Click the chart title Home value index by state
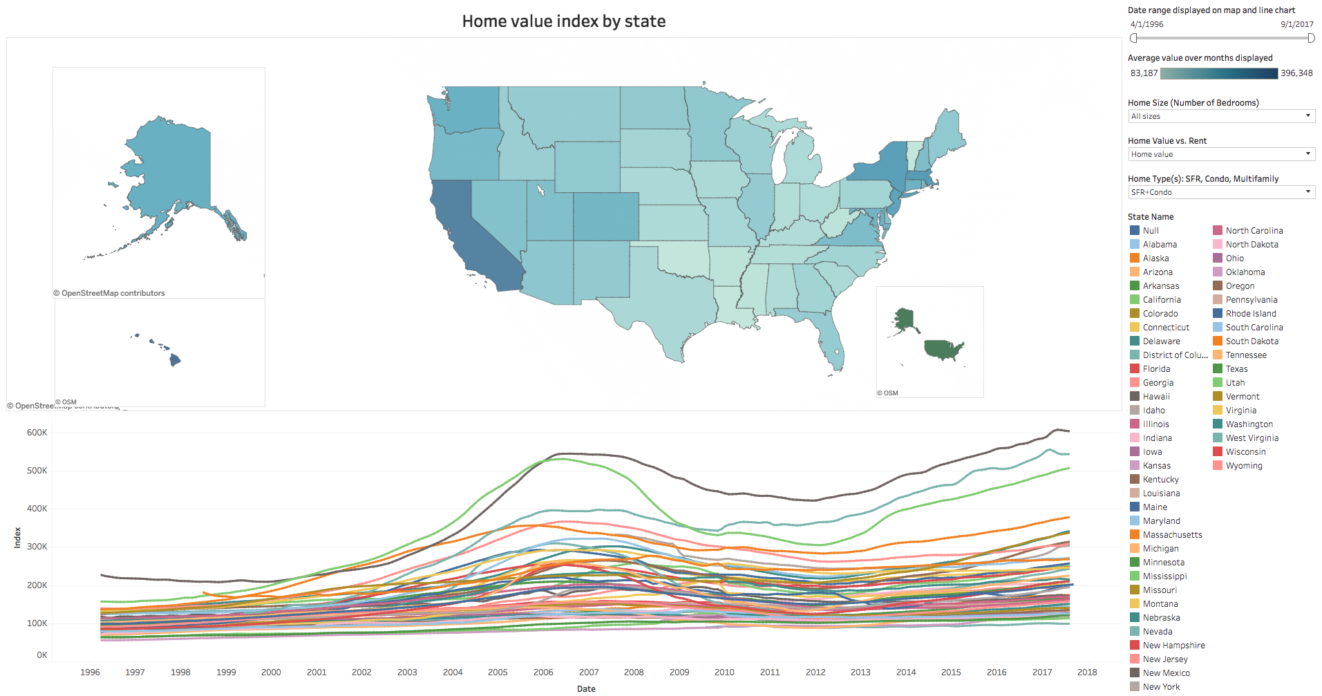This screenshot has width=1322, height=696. (x=563, y=21)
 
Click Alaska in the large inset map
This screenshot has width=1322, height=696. (x=173, y=173)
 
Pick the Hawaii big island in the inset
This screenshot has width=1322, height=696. (x=175, y=359)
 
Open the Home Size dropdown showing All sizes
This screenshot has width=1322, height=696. (x=1220, y=116)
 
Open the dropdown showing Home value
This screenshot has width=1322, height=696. (x=1220, y=154)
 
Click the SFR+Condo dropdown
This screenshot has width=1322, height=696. (x=1220, y=192)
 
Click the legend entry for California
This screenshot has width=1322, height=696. (x=1161, y=300)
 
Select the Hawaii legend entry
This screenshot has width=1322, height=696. (x=1155, y=397)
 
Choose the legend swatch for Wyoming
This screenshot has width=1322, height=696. (x=1218, y=466)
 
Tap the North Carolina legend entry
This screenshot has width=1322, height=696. (x=1254, y=231)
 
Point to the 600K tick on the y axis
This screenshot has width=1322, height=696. (x=37, y=433)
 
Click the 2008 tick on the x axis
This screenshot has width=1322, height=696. (x=634, y=672)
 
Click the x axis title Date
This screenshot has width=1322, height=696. (x=586, y=688)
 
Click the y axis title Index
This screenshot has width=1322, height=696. (x=17, y=538)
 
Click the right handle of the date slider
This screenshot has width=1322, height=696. (x=1311, y=38)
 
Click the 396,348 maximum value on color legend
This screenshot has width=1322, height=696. (x=1296, y=73)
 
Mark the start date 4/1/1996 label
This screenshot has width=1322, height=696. (x=1146, y=24)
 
